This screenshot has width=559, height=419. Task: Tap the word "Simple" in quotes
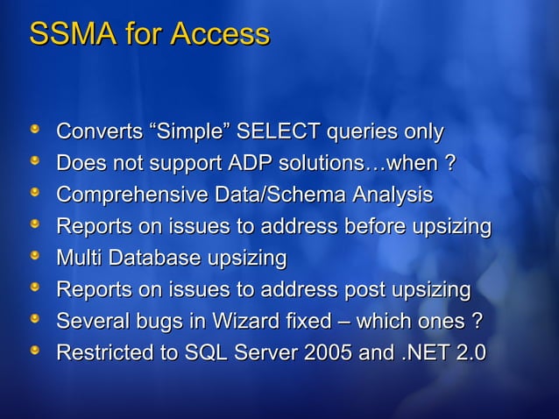click(x=191, y=132)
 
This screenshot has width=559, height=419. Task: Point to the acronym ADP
click(x=250, y=164)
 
